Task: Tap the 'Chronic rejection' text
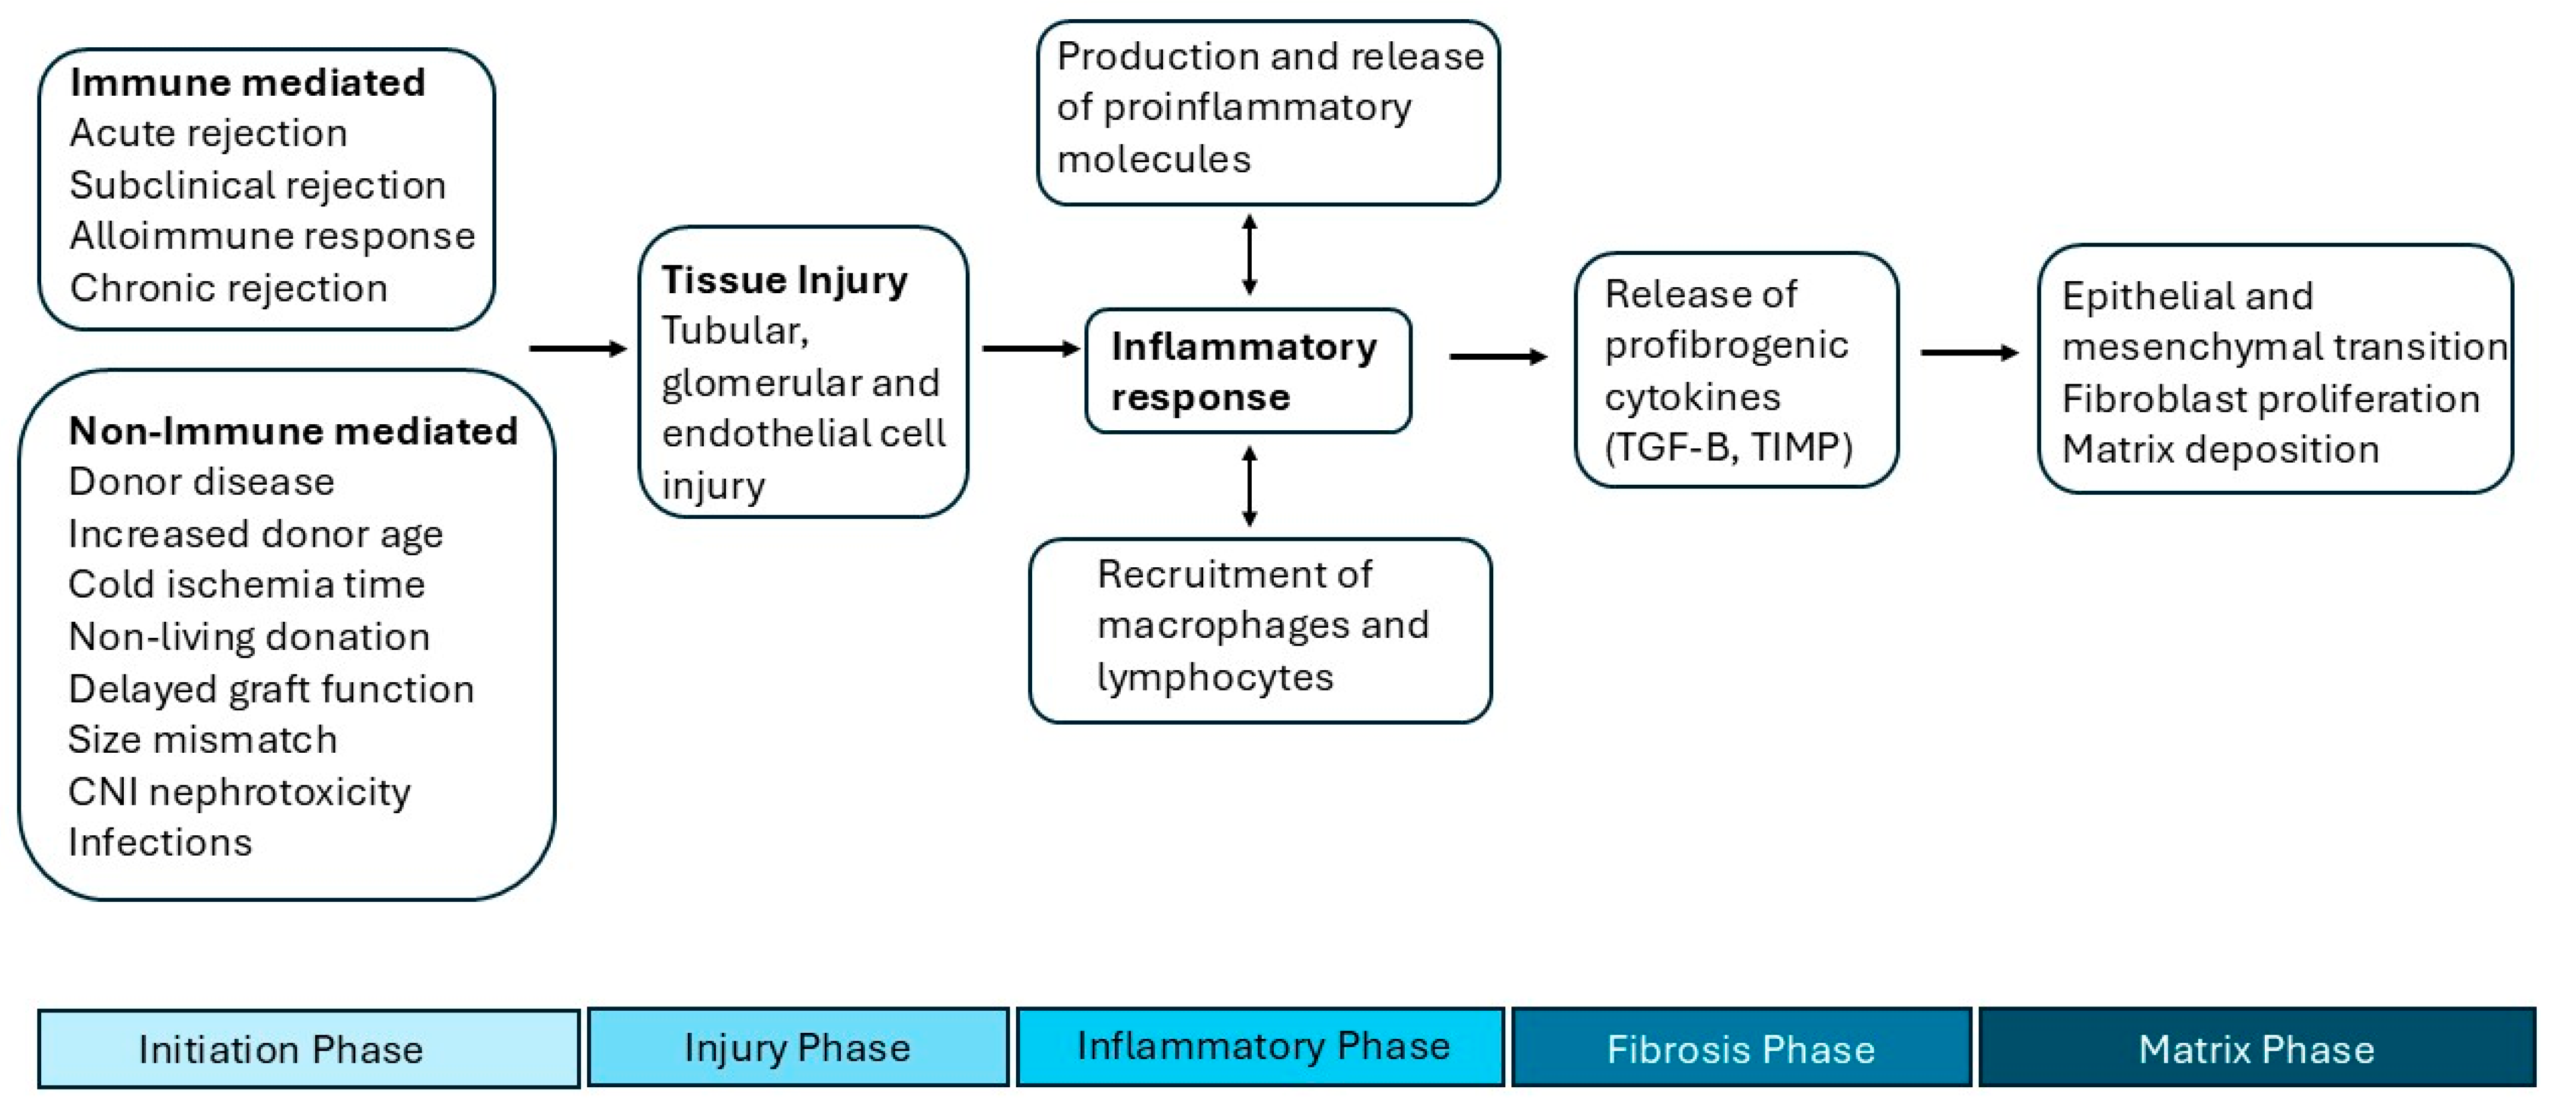[x=228, y=289]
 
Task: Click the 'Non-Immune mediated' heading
[x=293, y=431]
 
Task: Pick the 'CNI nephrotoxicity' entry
[x=239, y=792]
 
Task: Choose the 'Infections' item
[x=160, y=843]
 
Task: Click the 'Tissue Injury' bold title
[x=784, y=280]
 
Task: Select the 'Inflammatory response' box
[x=1247, y=372]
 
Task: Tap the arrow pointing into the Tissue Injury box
[x=578, y=348]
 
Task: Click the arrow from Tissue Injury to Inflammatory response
[x=1029, y=348]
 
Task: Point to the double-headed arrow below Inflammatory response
[x=1249, y=486]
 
